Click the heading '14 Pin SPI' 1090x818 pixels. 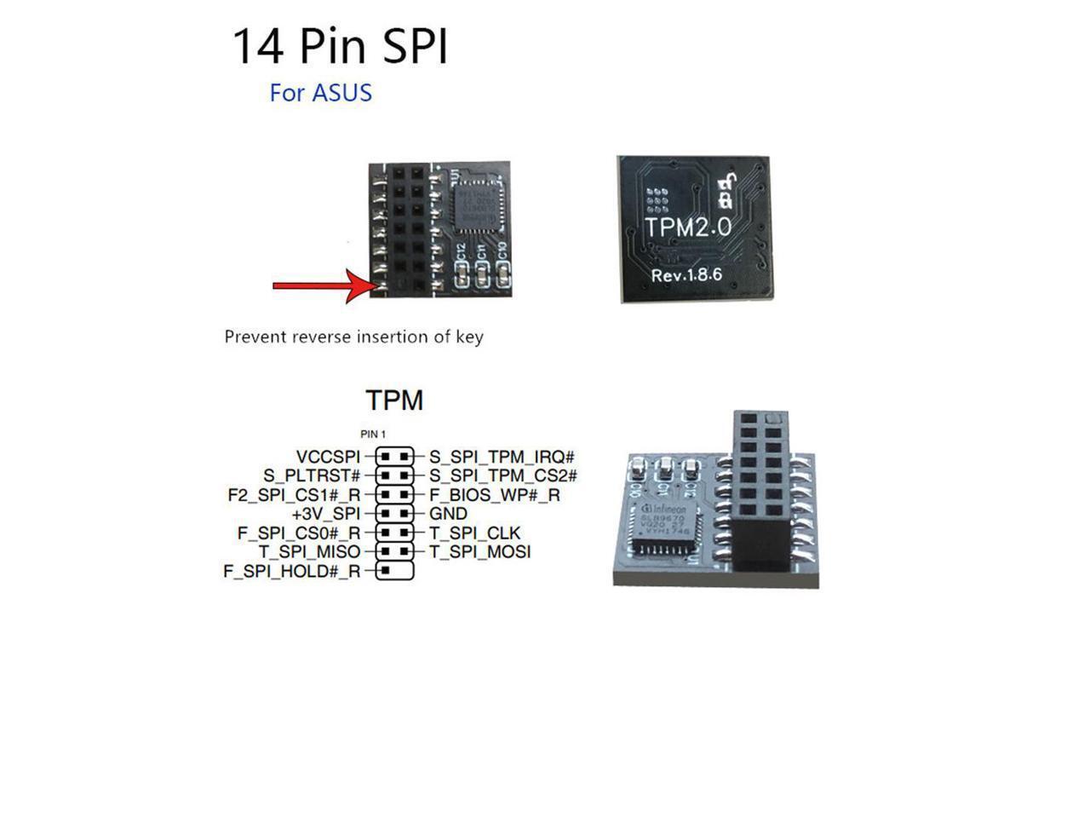point(340,47)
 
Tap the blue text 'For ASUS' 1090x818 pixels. point(320,93)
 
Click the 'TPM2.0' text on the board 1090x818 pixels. point(688,228)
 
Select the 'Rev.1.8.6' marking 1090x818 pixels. point(686,275)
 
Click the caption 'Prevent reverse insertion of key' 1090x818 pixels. point(353,337)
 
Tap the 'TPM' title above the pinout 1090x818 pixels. point(394,400)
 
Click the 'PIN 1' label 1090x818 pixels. point(373,435)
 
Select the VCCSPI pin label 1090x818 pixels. point(328,457)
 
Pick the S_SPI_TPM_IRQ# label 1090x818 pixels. point(502,457)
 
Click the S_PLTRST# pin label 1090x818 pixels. point(312,475)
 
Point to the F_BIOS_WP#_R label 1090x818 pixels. point(494,495)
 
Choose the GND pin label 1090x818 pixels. point(448,514)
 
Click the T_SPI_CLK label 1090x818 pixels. point(474,533)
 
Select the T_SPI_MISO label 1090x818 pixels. point(309,552)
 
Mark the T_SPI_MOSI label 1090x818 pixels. point(479,552)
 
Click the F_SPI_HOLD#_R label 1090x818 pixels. point(291,572)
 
